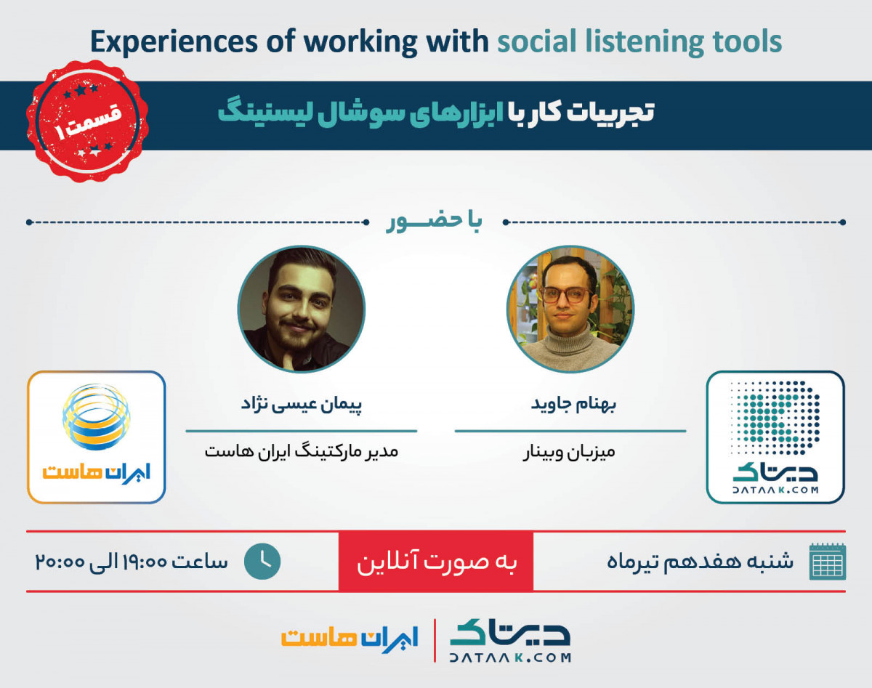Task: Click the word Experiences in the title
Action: point(174,41)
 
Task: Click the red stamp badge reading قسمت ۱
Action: point(87,121)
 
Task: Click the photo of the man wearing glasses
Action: point(570,309)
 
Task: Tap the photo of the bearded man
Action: point(301,309)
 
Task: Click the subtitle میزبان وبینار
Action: point(569,452)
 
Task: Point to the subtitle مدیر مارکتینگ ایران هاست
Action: point(301,451)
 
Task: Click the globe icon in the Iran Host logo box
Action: point(97,417)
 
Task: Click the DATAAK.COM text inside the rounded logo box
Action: point(775,490)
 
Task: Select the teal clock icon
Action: point(262,561)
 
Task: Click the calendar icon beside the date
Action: point(828,562)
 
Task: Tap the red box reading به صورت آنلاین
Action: point(436,561)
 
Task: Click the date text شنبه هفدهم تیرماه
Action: point(700,562)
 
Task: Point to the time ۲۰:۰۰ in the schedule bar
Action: point(60,562)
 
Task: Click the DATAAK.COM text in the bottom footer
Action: point(510,657)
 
